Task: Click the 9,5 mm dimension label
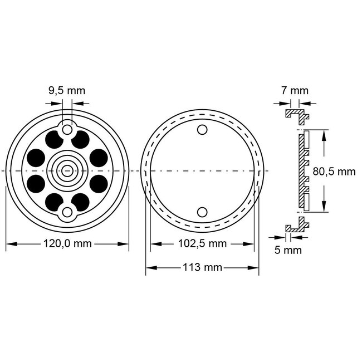[x=67, y=90]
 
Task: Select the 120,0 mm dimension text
[x=67, y=243]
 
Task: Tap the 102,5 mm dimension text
[x=202, y=243]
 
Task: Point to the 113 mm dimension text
[x=202, y=267]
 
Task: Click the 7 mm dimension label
[x=295, y=90]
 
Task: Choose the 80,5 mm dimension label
[x=334, y=172]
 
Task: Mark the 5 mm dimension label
[x=288, y=250]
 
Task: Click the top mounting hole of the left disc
[x=67, y=129]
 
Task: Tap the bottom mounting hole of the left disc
[x=67, y=212]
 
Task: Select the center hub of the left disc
[x=67, y=170]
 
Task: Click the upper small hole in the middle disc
[x=202, y=130]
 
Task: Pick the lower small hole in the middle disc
[x=202, y=211]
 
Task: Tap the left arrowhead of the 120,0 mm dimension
[x=8, y=243]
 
